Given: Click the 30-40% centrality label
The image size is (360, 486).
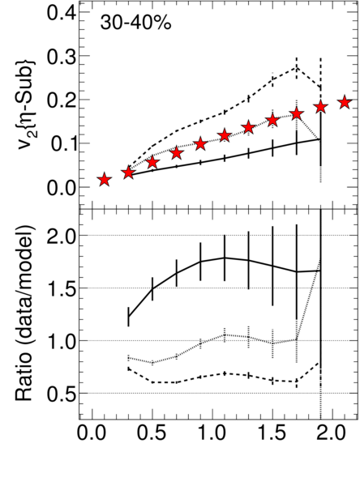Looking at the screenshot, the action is pos(135,23).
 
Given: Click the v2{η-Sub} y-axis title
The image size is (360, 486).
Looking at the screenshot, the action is pos(27,104).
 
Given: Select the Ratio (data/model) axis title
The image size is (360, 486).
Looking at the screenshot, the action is pos(24,313).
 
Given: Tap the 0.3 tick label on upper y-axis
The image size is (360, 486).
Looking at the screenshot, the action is pos(61,56).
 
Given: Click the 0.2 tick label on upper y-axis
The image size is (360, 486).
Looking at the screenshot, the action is pos(61,100).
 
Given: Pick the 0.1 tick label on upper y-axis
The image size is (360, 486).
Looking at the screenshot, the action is pos(61,143).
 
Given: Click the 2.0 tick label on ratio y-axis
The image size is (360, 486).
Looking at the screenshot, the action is pos(61,236).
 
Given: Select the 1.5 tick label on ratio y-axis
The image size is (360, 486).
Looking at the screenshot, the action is pos(61,288).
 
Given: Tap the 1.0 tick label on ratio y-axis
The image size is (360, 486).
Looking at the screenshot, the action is pos(61,341).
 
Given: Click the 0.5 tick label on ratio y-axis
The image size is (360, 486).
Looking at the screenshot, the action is pos(61,394).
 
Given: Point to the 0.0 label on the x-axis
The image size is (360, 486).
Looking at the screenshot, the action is pos(92,433).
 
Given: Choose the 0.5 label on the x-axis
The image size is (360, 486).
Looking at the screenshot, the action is pos(152,433).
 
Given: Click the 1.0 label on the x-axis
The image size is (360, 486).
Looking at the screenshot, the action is pos(212,433).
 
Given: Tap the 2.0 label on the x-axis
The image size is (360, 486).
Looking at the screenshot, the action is pos(332,433).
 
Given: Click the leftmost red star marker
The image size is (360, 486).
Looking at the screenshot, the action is pos(105,180).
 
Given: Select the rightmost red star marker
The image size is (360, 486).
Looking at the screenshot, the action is pos(345,102).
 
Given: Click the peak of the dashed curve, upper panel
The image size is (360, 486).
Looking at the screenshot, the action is pos(297,67).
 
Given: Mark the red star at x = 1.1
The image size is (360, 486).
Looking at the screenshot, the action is pos(225,136).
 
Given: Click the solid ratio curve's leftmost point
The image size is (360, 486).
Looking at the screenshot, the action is pos(128,317).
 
